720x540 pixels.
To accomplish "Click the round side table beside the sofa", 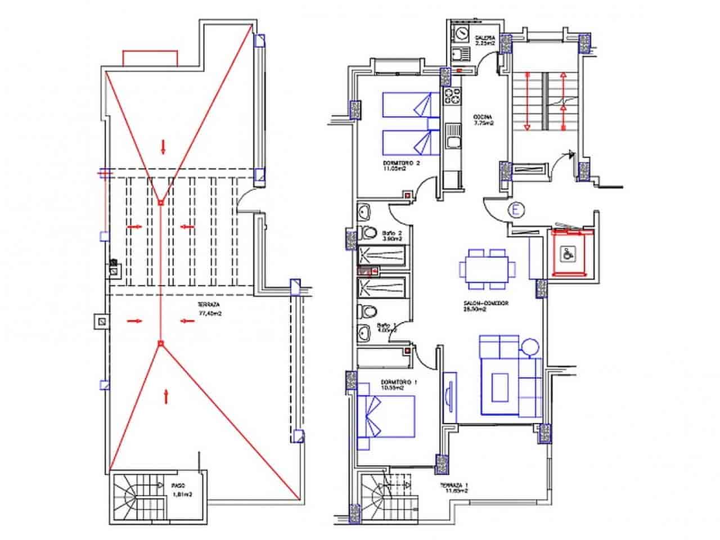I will [530, 346].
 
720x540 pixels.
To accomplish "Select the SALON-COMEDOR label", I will [486, 303].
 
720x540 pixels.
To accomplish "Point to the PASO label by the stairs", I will [179, 484].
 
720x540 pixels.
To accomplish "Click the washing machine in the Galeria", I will [461, 34].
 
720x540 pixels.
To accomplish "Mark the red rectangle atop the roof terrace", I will [150, 57].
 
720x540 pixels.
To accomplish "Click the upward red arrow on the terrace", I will [166, 395].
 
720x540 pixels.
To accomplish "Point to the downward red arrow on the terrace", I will [163, 147].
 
